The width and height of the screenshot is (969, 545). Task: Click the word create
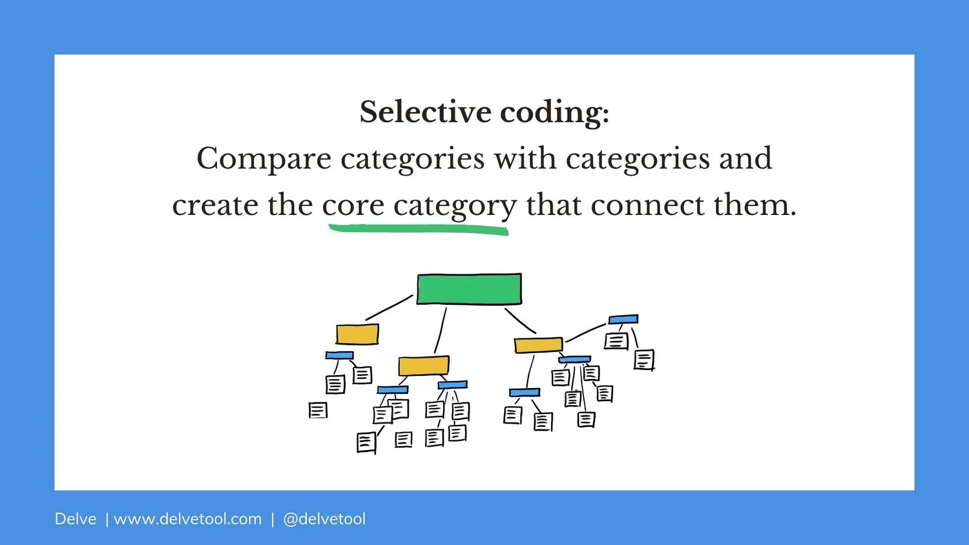click(215, 205)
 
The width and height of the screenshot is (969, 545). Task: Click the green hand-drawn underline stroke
click(419, 229)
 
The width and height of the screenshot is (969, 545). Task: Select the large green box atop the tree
click(469, 289)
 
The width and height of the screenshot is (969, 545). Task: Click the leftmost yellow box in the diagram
click(357, 334)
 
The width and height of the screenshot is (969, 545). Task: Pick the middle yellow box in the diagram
click(424, 365)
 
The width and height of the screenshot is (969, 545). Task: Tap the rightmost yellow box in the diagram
click(538, 345)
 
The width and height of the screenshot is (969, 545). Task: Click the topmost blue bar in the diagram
click(623, 319)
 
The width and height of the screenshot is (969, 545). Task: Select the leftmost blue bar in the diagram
click(339, 355)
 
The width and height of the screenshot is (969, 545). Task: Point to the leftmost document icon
click(318, 410)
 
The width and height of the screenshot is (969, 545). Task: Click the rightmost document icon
click(644, 360)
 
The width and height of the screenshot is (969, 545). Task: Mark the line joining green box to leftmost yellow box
click(389, 308)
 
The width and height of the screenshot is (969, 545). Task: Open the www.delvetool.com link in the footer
click(187, 519)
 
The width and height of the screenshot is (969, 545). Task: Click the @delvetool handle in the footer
click(324, 519)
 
